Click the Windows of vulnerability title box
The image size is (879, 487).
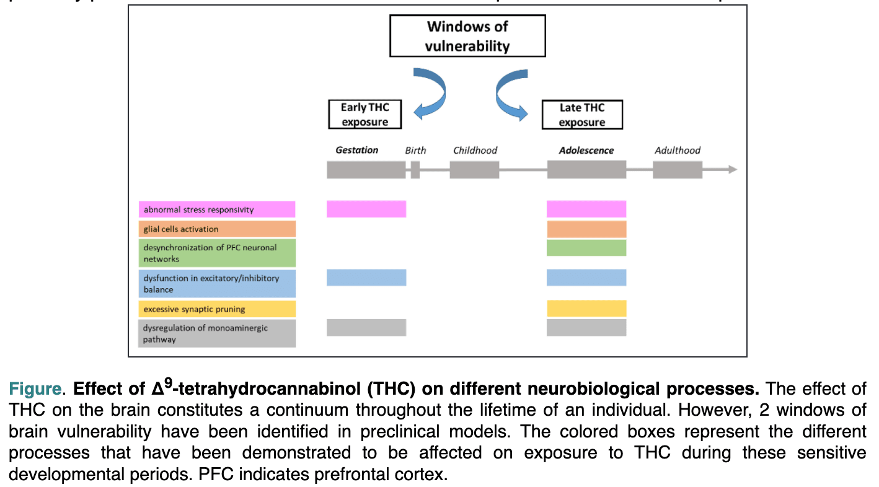pyautogui.click(x=467, y=36)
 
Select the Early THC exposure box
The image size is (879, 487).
pyautogui.click(x=364, y=115)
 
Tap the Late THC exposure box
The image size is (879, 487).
pyautogui.click(x=581, y=115)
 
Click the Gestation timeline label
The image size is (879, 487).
pyautogui.click(x=356, y=151)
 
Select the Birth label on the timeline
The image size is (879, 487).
pyautogui.click(x=415, y=151)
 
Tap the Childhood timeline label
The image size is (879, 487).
pyautogui.click(x=475, y=151)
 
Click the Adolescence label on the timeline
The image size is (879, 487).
pyautogui.click(x=586, y=151)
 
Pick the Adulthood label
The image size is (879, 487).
pyautogui.click(x=677, y=151)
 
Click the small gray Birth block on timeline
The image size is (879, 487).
pyautogui.click(x=415, y=170)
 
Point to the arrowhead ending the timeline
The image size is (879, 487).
pyautogui.click(x=732, y=169)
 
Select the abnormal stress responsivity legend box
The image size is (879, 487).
pyautogui.click(x=216, y=209)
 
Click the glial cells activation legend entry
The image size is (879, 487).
pyautogui.click(x=216, y=229)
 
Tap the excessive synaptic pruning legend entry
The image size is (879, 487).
pyautogui.click(x=216, y=309)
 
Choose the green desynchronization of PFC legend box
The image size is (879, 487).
pyautogui.click(x=216, y=253)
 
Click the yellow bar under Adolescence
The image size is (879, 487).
pyautogui.click(x=586, y=308)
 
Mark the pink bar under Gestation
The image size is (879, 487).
pyautogui.click(x=366, y=209)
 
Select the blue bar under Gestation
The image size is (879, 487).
pyautogui.click(x=366, y=278)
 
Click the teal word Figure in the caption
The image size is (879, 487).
pyautogui.click(x=35, y=390)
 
